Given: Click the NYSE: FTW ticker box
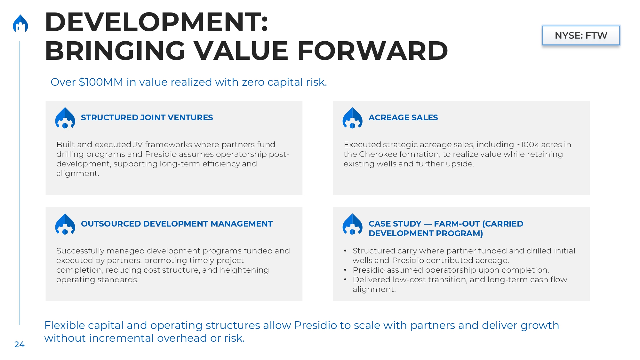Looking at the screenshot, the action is click(x=581, y=35).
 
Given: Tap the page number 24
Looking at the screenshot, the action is click(x=19, y=344).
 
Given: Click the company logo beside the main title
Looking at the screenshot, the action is click(x=20, y=23).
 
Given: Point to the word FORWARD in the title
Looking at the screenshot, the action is click(x=372, y=51).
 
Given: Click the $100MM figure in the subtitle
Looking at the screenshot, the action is click(x=101, y=82).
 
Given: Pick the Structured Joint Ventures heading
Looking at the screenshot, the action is click(x=147, y=117).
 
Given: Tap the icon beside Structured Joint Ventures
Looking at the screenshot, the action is click(x=65, y=118).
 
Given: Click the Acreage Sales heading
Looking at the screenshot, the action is click(x=403, y=117).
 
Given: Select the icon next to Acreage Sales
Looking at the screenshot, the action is click(x=352, y=118).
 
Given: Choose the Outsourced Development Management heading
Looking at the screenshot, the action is click(x=177, y=224).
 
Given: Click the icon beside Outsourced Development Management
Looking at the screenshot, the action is click(x=65, y=224).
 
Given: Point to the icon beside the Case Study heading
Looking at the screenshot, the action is click(x=352, y=224).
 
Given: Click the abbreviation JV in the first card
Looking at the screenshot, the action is click(x=138, y=145).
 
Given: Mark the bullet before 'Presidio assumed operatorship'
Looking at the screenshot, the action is click(x=345, y=270).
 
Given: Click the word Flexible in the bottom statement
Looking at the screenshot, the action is click(x=65, y=325).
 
